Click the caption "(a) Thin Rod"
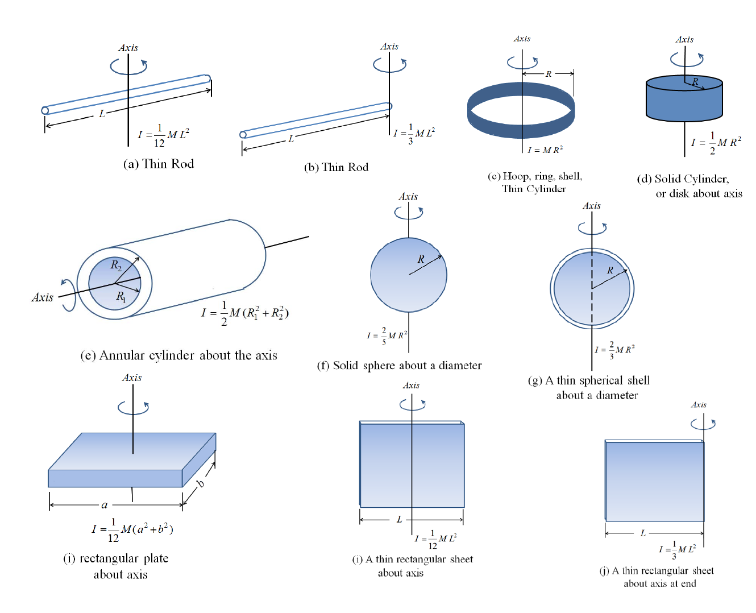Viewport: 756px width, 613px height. click(159, 164)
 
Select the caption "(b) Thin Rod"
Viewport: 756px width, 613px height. click(336, 167)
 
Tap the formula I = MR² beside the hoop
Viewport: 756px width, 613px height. click(545, 150)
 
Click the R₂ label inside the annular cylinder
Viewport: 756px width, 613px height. click(116, 265)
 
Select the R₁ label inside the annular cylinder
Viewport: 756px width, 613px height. click(121, 296)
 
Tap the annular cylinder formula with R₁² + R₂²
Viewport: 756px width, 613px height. click(245, 313)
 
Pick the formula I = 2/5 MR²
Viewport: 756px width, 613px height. click(387, 336)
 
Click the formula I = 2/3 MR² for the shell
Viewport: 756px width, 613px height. click(614, 350)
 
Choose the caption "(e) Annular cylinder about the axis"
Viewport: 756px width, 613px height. click(178, 355)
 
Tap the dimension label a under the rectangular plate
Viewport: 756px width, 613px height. click(105, 504)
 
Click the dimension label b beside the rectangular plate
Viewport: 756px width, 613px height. click(200, 484)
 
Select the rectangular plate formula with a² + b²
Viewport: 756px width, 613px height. click(132, 529)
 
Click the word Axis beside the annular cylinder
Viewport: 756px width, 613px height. click(42, 297)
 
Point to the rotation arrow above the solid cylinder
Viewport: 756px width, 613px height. click(687, 59)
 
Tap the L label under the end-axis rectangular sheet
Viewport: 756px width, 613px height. click(643, 533)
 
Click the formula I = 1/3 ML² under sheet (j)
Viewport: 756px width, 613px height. click(678, 549)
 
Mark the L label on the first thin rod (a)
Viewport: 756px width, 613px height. click(102, 114)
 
